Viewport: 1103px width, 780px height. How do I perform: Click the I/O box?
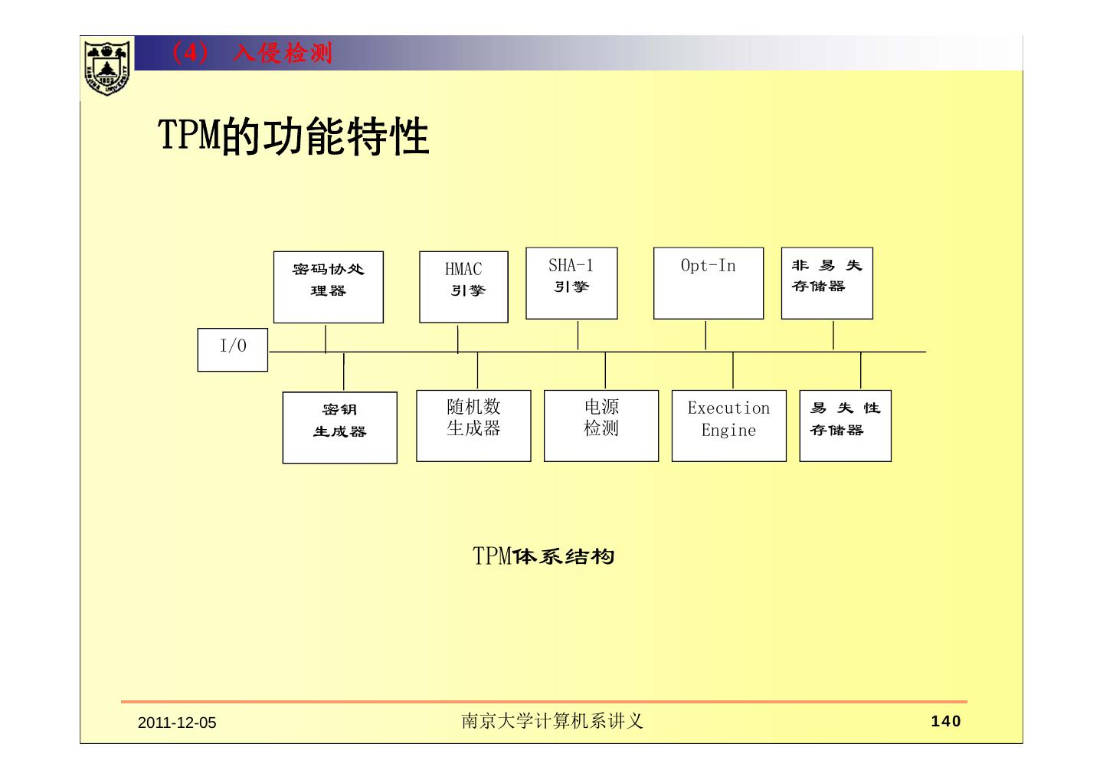(233, 349)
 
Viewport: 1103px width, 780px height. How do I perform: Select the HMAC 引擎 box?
(463, 287)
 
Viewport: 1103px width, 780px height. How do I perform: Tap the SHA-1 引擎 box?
(571, 283)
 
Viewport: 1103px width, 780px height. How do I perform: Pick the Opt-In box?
(708, 283)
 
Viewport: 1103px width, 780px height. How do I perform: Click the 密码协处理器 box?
(328, 287)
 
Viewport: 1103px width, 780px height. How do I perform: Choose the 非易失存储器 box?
(826, 283)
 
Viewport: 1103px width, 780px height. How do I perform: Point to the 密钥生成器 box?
(339, 428)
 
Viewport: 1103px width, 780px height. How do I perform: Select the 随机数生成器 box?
(473, 425)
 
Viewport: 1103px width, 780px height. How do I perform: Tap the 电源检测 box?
(601, 425)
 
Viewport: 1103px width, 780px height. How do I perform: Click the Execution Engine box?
(728, 425)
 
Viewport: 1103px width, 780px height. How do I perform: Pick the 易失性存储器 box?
(845, 425)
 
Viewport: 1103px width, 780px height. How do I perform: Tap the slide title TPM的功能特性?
(293, 136)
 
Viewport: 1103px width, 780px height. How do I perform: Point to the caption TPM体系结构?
(544, 556)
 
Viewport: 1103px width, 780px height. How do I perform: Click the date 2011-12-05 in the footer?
(177, 723)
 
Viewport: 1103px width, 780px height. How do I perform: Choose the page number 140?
(945, 721)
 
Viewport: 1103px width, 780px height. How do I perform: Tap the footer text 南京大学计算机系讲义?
(551, 721)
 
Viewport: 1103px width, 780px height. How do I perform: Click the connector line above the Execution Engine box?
(733, 371)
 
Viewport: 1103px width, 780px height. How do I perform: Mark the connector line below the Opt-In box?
(705, 336)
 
